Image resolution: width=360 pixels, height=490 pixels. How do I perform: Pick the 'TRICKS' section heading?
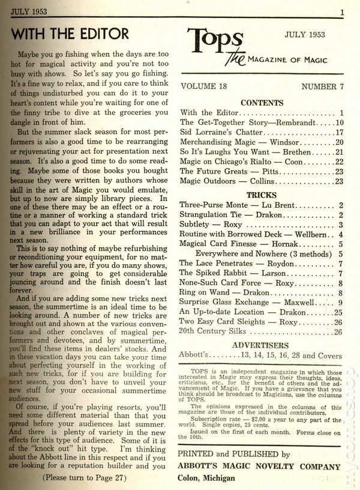click(262, 195)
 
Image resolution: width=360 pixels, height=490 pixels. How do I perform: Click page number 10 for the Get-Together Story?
click(338, 122)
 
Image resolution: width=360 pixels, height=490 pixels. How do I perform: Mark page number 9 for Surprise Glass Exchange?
click(340, 302)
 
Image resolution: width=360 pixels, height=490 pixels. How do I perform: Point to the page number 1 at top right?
click(341, 11)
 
